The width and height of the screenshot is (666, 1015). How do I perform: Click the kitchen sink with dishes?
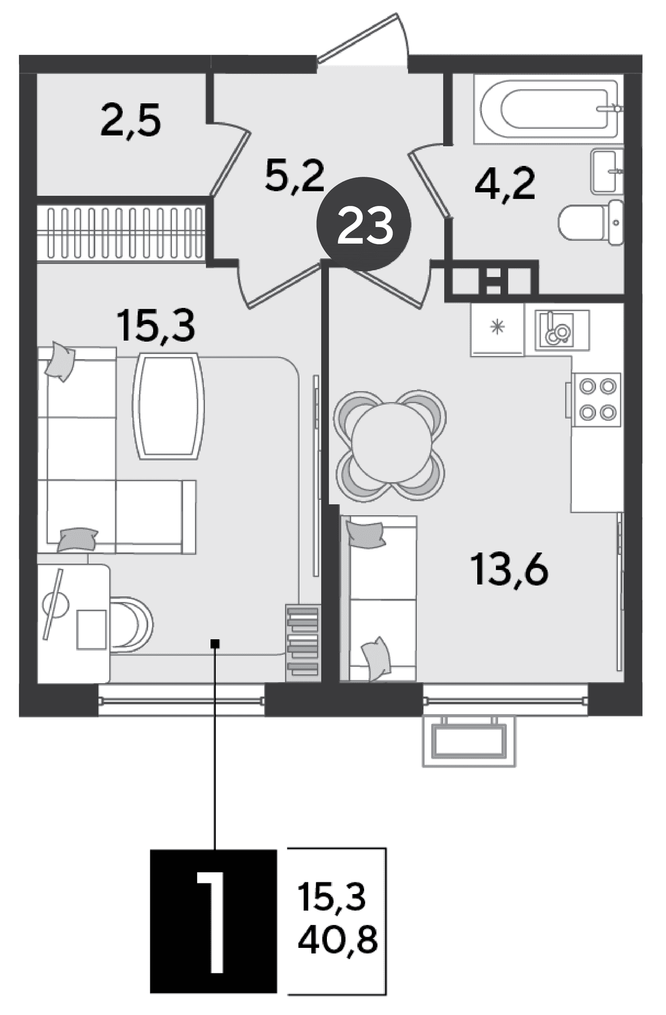pyautogui.click(x=562, y=330)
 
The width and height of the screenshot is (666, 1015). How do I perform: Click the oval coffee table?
pyautogui.click(x=169, y=406)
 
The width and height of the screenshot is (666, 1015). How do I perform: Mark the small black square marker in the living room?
pyautogui.click(x=216, y=643)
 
